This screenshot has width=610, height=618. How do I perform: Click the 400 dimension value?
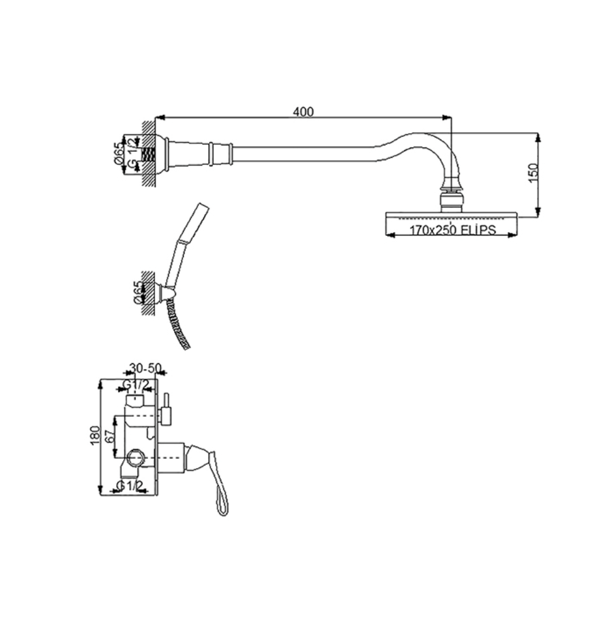303,112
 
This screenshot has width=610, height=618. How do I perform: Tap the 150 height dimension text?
532,173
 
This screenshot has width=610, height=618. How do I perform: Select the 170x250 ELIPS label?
452,229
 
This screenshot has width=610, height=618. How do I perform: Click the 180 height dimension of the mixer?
95,435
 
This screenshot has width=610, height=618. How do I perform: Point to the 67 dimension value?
110,437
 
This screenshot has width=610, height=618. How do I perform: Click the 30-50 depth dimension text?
145,368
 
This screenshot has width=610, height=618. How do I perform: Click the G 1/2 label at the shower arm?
132,154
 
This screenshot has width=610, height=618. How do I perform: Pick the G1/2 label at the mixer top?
136,384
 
